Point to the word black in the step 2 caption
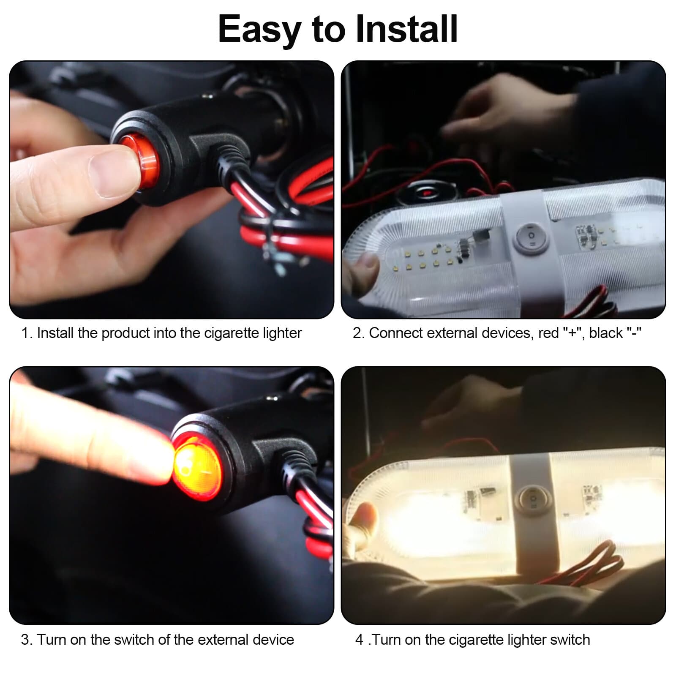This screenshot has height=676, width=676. click(606, 333)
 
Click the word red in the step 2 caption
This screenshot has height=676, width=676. click(548, 333)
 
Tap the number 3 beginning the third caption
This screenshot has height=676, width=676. click(25, 640)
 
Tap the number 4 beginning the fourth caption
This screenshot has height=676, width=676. click(359, 640)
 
